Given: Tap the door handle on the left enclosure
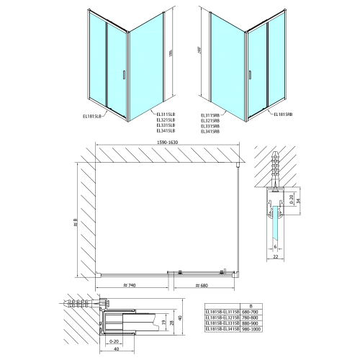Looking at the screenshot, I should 125,75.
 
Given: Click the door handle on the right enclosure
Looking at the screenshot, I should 250,75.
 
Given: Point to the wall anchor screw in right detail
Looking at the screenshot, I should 274,166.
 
